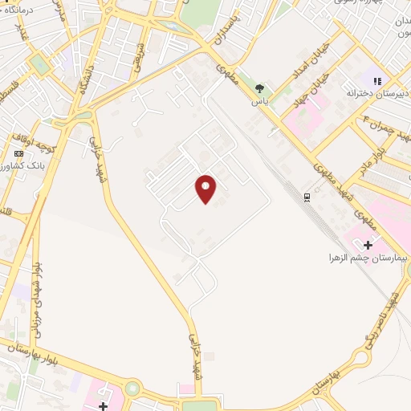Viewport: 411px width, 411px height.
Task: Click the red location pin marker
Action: (x=206, y=187)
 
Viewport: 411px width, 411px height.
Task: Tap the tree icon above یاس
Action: (x=259, y=88)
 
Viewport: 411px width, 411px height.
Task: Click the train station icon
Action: (x=307, y=197)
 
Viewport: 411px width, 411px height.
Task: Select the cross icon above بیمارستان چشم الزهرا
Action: (x=368, y=244)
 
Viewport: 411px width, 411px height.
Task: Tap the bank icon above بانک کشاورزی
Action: (x=18, y=153)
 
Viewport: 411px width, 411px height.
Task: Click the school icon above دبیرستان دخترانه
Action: (x=376, y=80)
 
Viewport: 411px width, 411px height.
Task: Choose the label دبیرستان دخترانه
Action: (x=372, y=93)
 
